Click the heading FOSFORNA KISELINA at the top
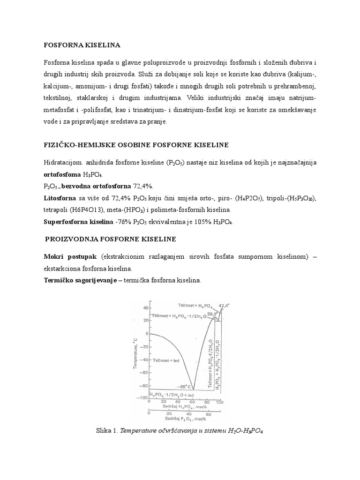(x=82, y=45)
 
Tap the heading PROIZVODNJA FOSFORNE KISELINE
(x=110, y=239)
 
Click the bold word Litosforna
(x=60, y=198)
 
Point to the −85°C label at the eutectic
(x=184, y=387)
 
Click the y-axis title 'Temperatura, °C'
(x=136, y=352)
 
